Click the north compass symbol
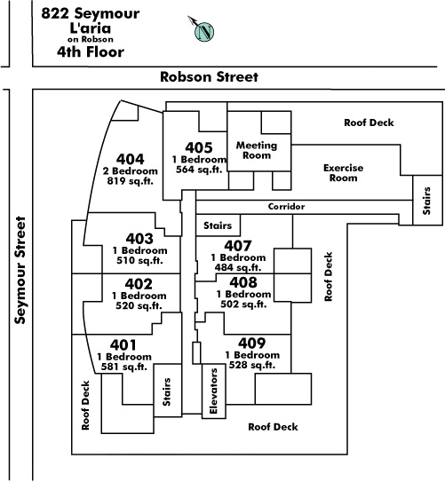(203, 31)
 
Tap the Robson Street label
(209, 77)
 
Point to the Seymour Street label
(20, 270)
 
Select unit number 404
(131, 159)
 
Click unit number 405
(199, 147)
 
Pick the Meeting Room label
(257, 150)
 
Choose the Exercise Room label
(343, 173)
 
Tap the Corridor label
(286, 206)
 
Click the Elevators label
(213, 391)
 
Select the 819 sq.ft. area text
(130, 181)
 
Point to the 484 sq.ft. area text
(238, 267)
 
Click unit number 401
(123, 345)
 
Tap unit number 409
(252, 343)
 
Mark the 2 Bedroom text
(131, 171)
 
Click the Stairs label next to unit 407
(218, 225)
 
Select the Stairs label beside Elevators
(166, 392)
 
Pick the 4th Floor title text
(91, 51)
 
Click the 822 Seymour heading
(91, 13)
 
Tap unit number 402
(139, 284)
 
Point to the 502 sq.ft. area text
(243, 304)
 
